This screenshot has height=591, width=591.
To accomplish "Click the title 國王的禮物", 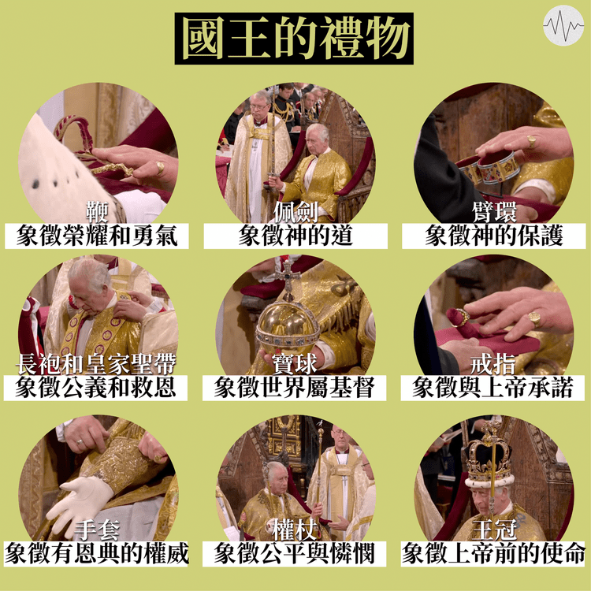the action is pyautogui.click(x=294, y=39).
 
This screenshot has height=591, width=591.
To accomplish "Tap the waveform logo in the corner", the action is pyautogui.click(x=563, y=25).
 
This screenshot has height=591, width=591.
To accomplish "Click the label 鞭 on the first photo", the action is pyautogui.click(x=97, y=212).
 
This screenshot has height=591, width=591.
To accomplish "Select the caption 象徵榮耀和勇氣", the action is pyautogui.click(x=97, y=236).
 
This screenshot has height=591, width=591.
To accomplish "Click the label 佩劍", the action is pyautogui.click(x=295, y=212).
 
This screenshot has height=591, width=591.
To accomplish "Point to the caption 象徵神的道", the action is pyautogui.click(x=295, y=236).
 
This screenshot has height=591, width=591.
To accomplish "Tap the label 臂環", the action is pyautogui.click(x=494, y=212).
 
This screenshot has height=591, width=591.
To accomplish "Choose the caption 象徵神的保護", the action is pyautogui.click(x=494, y=236).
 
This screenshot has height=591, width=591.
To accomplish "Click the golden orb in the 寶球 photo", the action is pyautogui.click(x=288, y=325).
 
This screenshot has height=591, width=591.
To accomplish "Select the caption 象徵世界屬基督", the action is pyautogui.click(x=295, y=388).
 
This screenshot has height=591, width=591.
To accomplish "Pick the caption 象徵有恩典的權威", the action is pyautogui.click(x=96, y=554).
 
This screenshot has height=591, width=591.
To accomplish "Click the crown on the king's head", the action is pyautogui.click(x=489, y=457).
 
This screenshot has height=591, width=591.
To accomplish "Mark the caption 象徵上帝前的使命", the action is pyautogui.click(x=493, y=554).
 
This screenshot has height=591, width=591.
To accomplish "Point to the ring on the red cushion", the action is pyautogui.click(x=459, y=318).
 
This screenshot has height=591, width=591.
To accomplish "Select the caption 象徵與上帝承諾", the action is pyautogui.click(x=493, y=388).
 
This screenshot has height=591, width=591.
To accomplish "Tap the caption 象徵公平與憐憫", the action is pyautogui.click(x=295, y=554).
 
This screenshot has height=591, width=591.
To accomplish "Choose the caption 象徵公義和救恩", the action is pyautogui.click(x=95, y=388).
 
